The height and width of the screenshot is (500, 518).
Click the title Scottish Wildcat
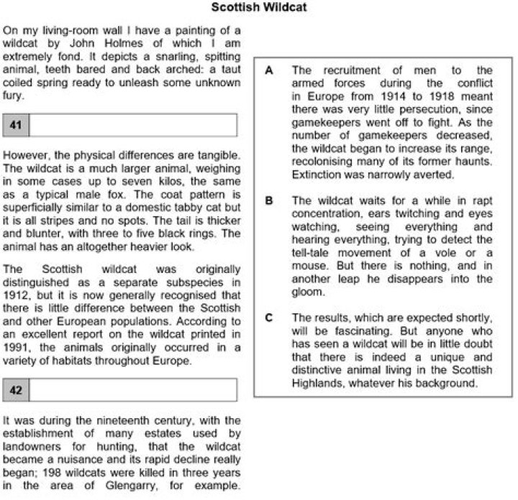pyautogui.click(x=260, y=7)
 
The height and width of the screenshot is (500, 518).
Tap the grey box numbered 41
pyautogui.click(x=16, y=126)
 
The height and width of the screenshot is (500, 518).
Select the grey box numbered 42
pyautogui.click(x=16, y=390)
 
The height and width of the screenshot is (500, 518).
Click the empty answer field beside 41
pyautogui.click(x=132, y=126)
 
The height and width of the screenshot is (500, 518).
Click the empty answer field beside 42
pyautogui.click(x=132, y=390)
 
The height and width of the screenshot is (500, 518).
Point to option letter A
pyautogui.click(x=268, y=70)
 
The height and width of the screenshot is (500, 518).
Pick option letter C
pyautogui.click(x=268, y=318)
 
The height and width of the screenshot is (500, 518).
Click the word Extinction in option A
pyautogui.click(x=317, y=175)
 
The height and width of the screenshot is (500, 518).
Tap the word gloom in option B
pyautogui.click(x=307, y=292)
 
